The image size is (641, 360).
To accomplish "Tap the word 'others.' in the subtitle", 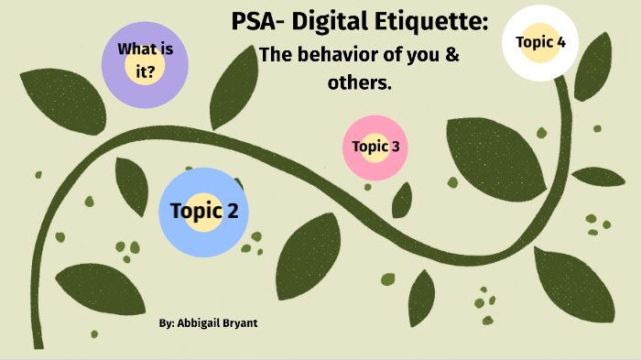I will (x=359, y=82).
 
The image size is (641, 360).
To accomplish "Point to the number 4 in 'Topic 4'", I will (x=560, y=42).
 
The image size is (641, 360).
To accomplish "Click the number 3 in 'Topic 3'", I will (x=394, y=147).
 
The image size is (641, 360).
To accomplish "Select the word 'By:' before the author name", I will (x=165, y=324).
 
